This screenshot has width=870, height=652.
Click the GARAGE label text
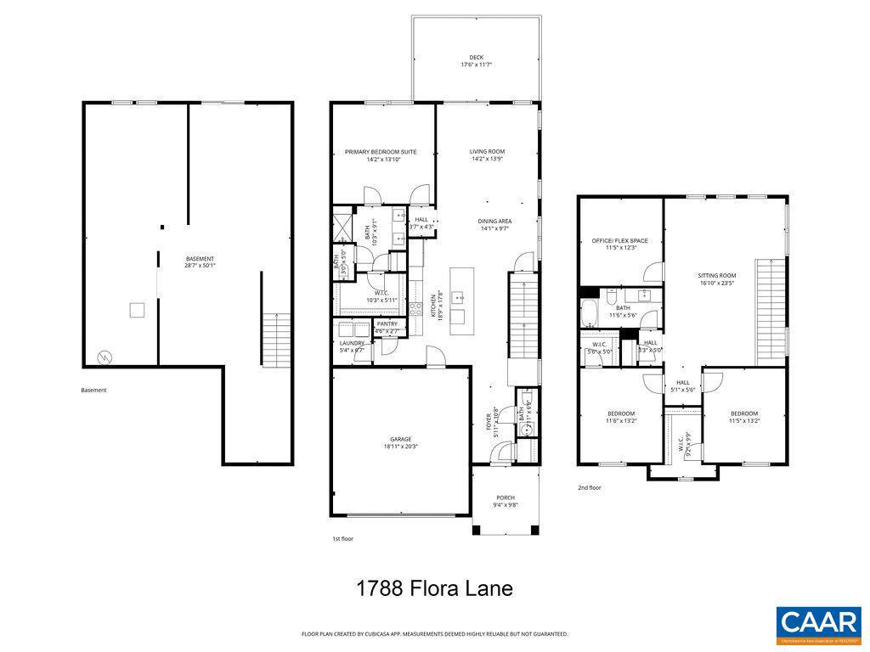pos(401,439)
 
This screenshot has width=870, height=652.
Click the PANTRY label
pos(387,323)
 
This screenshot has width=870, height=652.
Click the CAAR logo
pos(818,624)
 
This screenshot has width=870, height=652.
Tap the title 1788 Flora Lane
pos(434,588)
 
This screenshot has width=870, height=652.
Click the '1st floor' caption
pos(342,539)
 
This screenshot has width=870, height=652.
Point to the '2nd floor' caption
pos(590,488)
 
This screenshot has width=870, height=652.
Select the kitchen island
pos(460,297)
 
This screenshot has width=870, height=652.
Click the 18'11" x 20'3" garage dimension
pos(401,447)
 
